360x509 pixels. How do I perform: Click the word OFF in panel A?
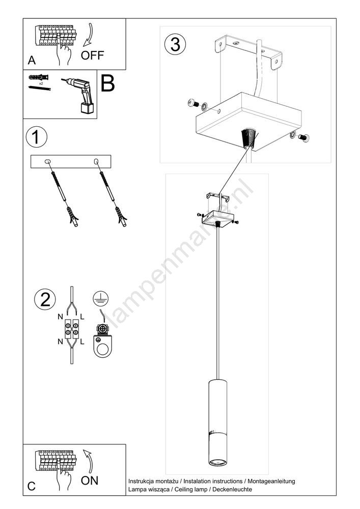point(92,55)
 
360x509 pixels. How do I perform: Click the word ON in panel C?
point(90,480)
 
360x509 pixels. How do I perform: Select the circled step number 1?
point(36,137)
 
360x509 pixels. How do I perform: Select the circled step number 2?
point(45,299)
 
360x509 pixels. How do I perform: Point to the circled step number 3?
point(175,44)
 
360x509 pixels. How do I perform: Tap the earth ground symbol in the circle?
point(101,298)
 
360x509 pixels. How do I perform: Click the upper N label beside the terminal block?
point(61,317)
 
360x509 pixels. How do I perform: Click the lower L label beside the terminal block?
point(82,342)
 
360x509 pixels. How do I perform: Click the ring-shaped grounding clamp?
point(102,345)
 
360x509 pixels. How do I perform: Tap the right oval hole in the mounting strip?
point(96,161)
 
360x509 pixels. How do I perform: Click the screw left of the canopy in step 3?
point(193,103)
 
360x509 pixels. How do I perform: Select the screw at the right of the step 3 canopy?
point(303,137)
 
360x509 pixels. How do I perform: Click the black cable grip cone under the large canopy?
point(248,138)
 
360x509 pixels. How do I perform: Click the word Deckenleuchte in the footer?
point(232,489)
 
